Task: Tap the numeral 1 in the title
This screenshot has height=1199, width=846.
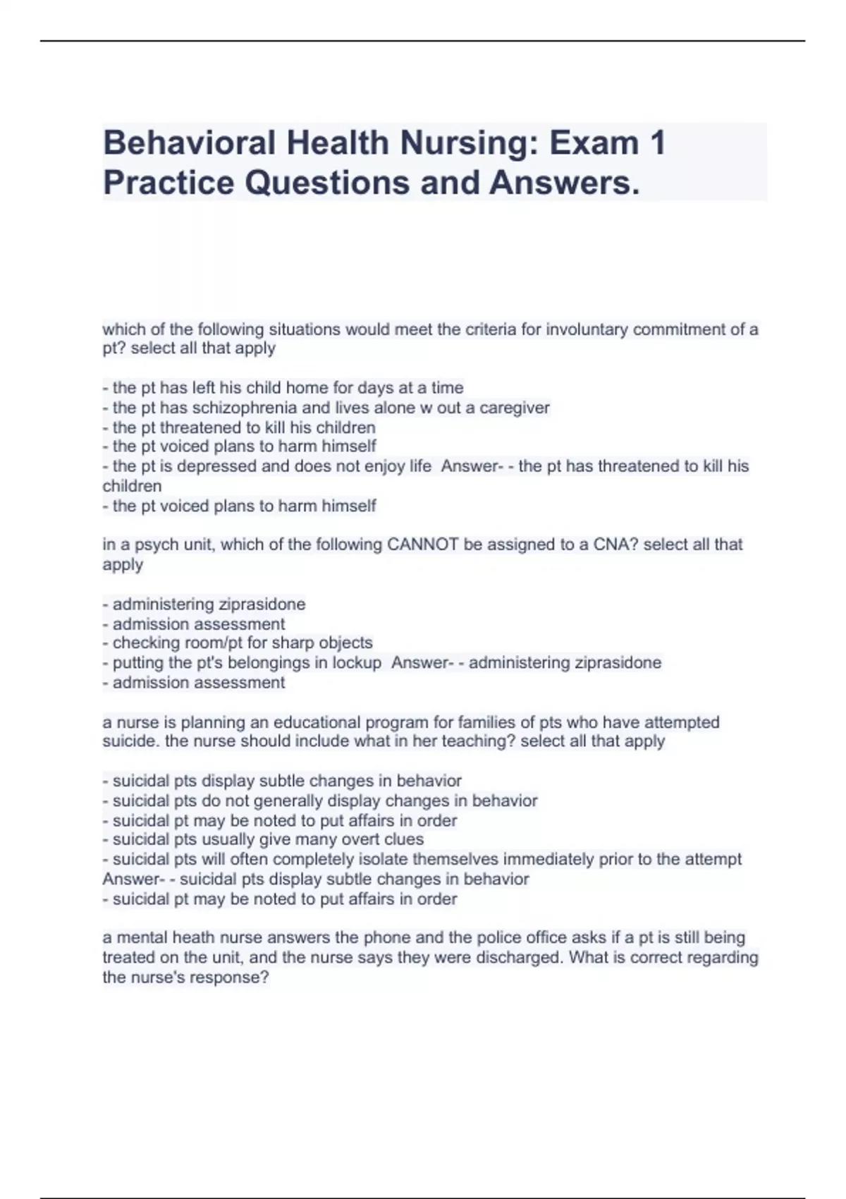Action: coord(657,143)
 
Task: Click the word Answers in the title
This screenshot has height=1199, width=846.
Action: coord(565,183)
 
